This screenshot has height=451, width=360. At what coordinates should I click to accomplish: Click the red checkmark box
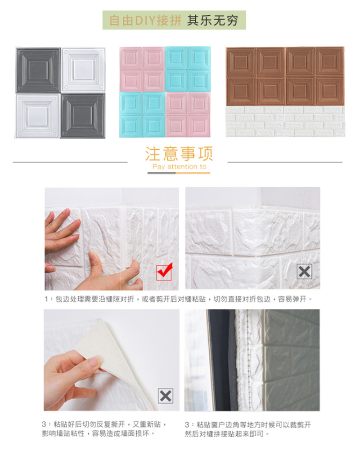(x=164, y=272)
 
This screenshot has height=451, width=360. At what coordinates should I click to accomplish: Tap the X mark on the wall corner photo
(x=304, y=271)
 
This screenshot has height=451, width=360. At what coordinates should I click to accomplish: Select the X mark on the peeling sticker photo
(x=166, y=396)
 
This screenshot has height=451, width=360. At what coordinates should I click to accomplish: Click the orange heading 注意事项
(x=179, y=154)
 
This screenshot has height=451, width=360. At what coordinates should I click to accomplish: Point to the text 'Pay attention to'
(x=179, y=166)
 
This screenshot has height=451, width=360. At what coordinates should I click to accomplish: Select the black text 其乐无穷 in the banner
(x=212, y=20)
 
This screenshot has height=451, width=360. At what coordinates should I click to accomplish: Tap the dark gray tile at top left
(x=38, y=70)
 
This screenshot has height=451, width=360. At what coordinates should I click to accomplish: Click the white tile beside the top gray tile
(x=83, y=70)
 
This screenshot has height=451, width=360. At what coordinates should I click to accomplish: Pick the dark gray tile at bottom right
(x=83, y=116)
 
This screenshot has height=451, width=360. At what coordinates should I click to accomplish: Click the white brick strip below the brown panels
(x=285, y=121)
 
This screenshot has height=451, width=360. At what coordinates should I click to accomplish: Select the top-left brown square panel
(x=241, y=62)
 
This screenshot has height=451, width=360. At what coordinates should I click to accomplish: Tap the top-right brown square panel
(x=330, y=62)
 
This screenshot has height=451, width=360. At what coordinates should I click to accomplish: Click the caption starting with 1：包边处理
(x=178, y=299)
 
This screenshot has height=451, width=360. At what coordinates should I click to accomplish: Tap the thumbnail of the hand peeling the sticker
(x=111, y=360)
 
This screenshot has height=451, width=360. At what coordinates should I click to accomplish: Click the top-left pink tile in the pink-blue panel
(x=131, y=58)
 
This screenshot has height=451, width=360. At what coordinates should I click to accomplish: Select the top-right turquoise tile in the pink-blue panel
(x=199, y=58)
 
